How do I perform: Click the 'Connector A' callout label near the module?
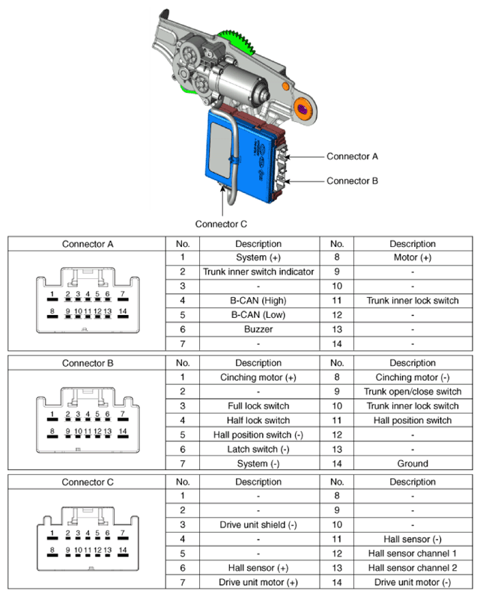click(352, 156)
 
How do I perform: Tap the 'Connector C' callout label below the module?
click(221, 223)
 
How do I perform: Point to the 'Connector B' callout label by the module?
click(352, 180)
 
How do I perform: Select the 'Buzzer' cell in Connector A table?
click(258, 328)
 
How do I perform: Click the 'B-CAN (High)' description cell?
click(258, 300)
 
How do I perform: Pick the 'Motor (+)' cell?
click(412, 257)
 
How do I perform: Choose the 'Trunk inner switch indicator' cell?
click(258, 272)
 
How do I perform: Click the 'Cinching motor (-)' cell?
click(412, 377)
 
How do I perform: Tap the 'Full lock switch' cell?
click(258, 405)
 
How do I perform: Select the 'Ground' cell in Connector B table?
click(412, 463)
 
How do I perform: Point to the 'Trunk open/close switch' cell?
click(412, 391)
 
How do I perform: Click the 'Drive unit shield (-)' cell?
click(258, 524)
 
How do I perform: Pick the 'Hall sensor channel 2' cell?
click(412, 568)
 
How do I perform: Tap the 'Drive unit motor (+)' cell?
click(258, 582)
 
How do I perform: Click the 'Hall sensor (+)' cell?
click(258, 568)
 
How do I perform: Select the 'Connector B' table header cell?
click(88, 363)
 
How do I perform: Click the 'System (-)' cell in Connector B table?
click(258, 463)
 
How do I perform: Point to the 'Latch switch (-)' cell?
click(258, 449)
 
